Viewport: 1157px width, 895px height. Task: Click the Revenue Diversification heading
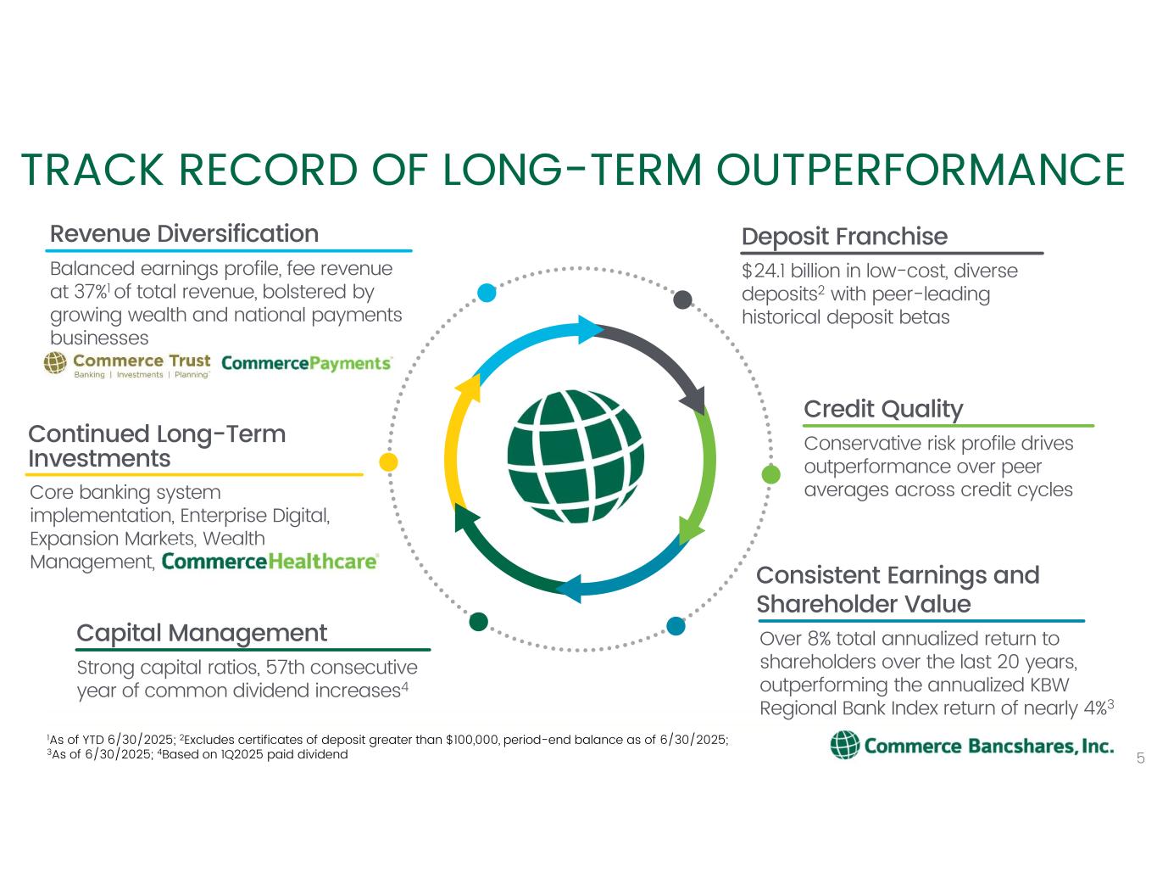(184, 234)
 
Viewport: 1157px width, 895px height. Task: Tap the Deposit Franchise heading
(844, 237)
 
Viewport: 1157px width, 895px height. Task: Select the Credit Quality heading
(883, 410)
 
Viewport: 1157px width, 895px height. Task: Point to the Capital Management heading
(202, 634)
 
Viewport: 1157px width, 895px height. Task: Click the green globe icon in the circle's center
(576, 456)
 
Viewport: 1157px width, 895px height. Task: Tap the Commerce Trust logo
(127, 365)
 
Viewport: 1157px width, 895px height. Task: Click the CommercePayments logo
(307, 363)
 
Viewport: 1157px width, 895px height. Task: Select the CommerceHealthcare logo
(270, 562)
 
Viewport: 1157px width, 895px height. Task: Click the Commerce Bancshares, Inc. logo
(972, 746)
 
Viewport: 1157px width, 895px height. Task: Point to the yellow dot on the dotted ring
(388, 461)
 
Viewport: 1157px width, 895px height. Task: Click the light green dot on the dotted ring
(771, 474)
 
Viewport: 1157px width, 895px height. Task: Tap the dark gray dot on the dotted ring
(682, 300)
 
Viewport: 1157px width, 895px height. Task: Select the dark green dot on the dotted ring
(478, 621)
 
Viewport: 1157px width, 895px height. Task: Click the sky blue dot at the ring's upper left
(487, 293)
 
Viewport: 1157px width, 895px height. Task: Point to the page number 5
(1140, 758)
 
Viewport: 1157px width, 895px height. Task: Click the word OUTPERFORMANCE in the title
(921, 170)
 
